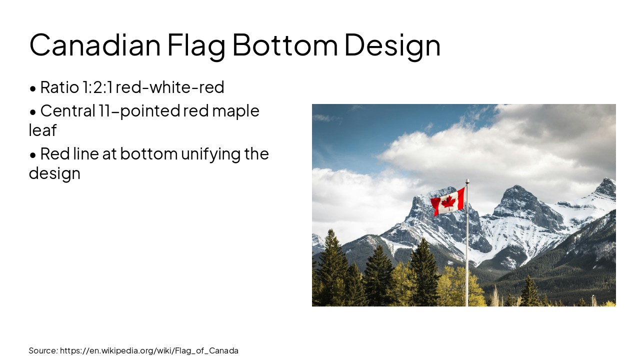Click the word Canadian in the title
95,45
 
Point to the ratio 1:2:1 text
97,87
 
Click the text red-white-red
170,87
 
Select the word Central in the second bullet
67,110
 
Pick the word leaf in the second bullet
42,130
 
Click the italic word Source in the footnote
43,350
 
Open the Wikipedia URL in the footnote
149,350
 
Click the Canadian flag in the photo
448,202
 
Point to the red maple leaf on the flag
448,202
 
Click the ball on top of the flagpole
467,181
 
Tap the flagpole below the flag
467,260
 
